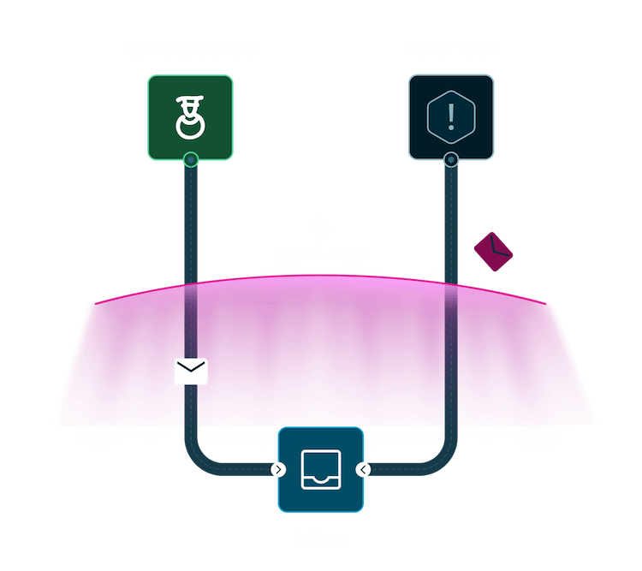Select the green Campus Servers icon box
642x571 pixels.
pyautogui.click(x=190, y=117)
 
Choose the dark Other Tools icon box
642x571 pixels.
pyautogui.click(x=451, y=117)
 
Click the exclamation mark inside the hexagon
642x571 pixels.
pyautogui.click(x=451, y=115)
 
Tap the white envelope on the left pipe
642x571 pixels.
pyautogui.click(x=191, y=372)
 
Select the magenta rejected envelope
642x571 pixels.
pyautogui.click(x=493, y=251)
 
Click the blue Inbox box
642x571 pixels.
pyautogui.click(x=321, y=469)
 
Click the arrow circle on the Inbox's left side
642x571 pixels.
pyautogui.click(x=278, y=469)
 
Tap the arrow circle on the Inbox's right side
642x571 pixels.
pyautogui.click(x=364, y=469)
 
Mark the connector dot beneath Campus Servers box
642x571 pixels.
pyautogui.click(x=191, y=159)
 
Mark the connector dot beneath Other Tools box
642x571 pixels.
pyautogui.click(x=451, y=159)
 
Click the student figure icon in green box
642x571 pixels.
pyautogui.click(x=189, y=117)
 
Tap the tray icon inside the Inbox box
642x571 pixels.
pyautogui.click(x=321, y=469)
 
